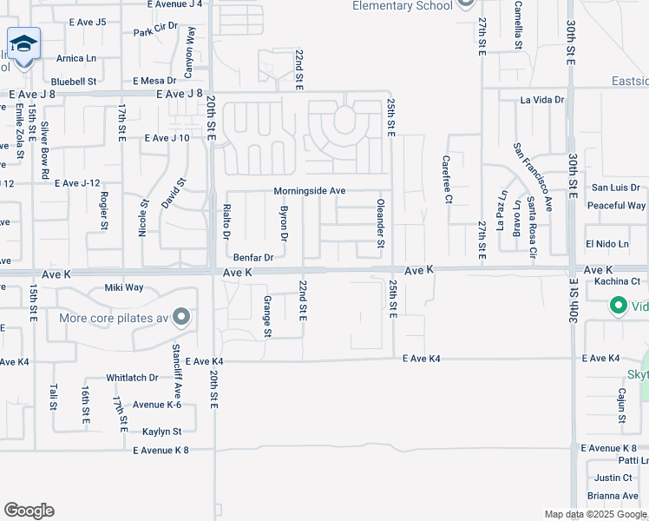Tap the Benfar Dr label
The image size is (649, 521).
pyautogui.click(x=253, y=258)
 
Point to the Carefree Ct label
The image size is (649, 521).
pyautogui.click(x=447, y=180)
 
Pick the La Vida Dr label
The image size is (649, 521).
pyautogui.click(x=542, y=100)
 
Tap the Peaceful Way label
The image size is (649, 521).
pyautogui.click(x=616, y=206)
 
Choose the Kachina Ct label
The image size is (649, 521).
pyautogui.click(x=616, y=281)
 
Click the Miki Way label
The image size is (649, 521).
pyautogui.click(x=123, y=287)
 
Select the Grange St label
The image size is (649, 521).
pyautogui.click(x=267, y=317)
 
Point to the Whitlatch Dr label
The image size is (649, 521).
pyautogui.click(x=132, y=378)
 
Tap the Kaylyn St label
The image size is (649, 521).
pyautogui.click(x=161, y=432)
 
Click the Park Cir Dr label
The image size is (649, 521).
pyautogui.click(x=155, y=32)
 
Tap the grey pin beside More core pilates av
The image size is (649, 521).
pyautogui.click(x=181, y=317)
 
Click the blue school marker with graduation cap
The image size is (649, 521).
pyautogui.click(x=23, y=43)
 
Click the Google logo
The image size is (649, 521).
pyautogui.click(x=29, y=511)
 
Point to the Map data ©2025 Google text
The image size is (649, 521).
pyautogui.click(x=594, y=514)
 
